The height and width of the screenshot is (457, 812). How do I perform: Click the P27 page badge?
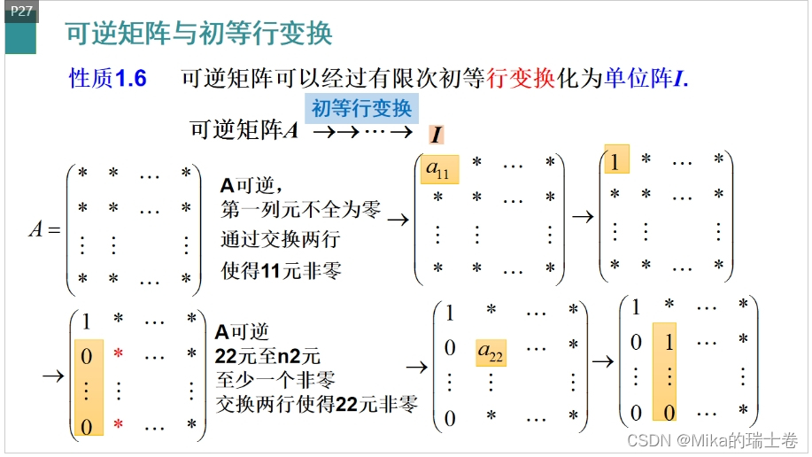(20, 11)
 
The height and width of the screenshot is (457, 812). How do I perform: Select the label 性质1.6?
(107, 79)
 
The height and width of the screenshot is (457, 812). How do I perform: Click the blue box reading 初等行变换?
(361, 109)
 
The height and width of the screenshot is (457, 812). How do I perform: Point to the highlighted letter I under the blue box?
(436, 135)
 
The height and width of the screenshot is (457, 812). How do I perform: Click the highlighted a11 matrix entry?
(437, 168)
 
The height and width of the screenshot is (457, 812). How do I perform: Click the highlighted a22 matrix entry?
(491, 352)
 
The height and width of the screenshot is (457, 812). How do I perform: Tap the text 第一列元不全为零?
(300, 211)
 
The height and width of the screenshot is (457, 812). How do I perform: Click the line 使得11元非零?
(281, 270)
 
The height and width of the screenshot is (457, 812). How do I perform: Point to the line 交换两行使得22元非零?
(316, 405)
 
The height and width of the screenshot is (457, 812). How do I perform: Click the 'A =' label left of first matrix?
(44, 229)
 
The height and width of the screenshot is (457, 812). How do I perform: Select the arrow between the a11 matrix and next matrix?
(582, 216)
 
